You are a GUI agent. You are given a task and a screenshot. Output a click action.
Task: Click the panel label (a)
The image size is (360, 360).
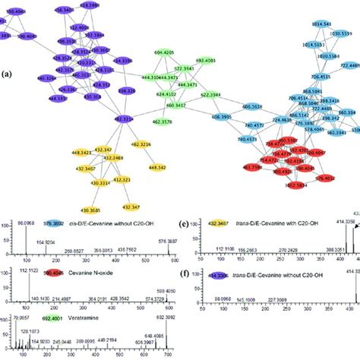coord(8,75)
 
